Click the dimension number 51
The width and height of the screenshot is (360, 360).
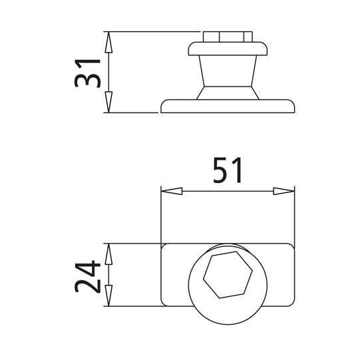click(x=228, y=171)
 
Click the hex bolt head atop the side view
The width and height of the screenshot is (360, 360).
click(x=228, y=36)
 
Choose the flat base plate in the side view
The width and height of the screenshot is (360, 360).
click(x=228, y=106)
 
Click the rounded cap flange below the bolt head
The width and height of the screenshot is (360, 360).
click(x=228, y=49)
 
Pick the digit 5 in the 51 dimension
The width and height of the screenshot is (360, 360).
click(x=220, y=171)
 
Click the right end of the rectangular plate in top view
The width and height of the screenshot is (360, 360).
click(x=283, y=275)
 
